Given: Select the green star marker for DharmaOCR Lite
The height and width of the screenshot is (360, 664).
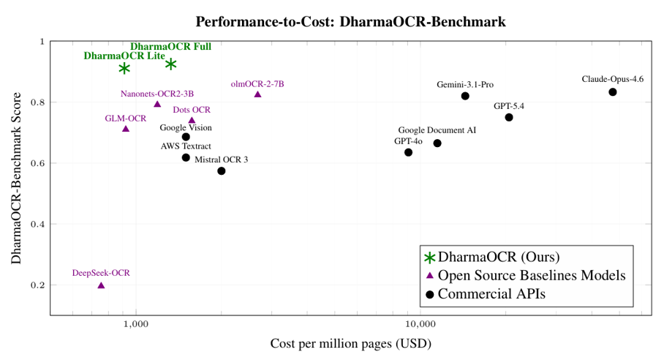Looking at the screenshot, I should coord(124,68).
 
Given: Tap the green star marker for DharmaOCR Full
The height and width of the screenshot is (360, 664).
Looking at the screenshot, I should coord(170,64).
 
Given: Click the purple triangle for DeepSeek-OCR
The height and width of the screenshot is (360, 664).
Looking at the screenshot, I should coord(101,285).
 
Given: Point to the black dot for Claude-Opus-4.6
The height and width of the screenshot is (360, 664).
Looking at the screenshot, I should coord(612,92).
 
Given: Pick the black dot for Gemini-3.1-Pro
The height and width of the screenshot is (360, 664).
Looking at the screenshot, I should coord(465,96).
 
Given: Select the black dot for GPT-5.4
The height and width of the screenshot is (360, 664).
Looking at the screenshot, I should coord(509,117).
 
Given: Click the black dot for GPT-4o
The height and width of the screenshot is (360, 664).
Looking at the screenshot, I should coord(408,152).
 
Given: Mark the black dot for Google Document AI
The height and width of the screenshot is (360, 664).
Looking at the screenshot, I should coord(437,143).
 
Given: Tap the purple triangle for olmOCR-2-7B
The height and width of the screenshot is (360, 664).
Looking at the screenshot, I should coord(257,94).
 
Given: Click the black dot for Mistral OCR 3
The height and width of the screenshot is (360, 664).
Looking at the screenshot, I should coord(221,171).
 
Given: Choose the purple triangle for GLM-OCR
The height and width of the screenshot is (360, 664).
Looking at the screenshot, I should coord(126,129).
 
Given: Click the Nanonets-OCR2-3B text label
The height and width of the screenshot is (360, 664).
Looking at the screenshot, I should coord(157,94).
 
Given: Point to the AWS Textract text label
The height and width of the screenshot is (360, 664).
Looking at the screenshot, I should coord(186,146).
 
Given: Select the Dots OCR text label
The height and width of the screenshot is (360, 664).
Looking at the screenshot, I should coord(192,110).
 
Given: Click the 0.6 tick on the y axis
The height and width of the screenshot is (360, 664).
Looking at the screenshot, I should coord(34,163).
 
